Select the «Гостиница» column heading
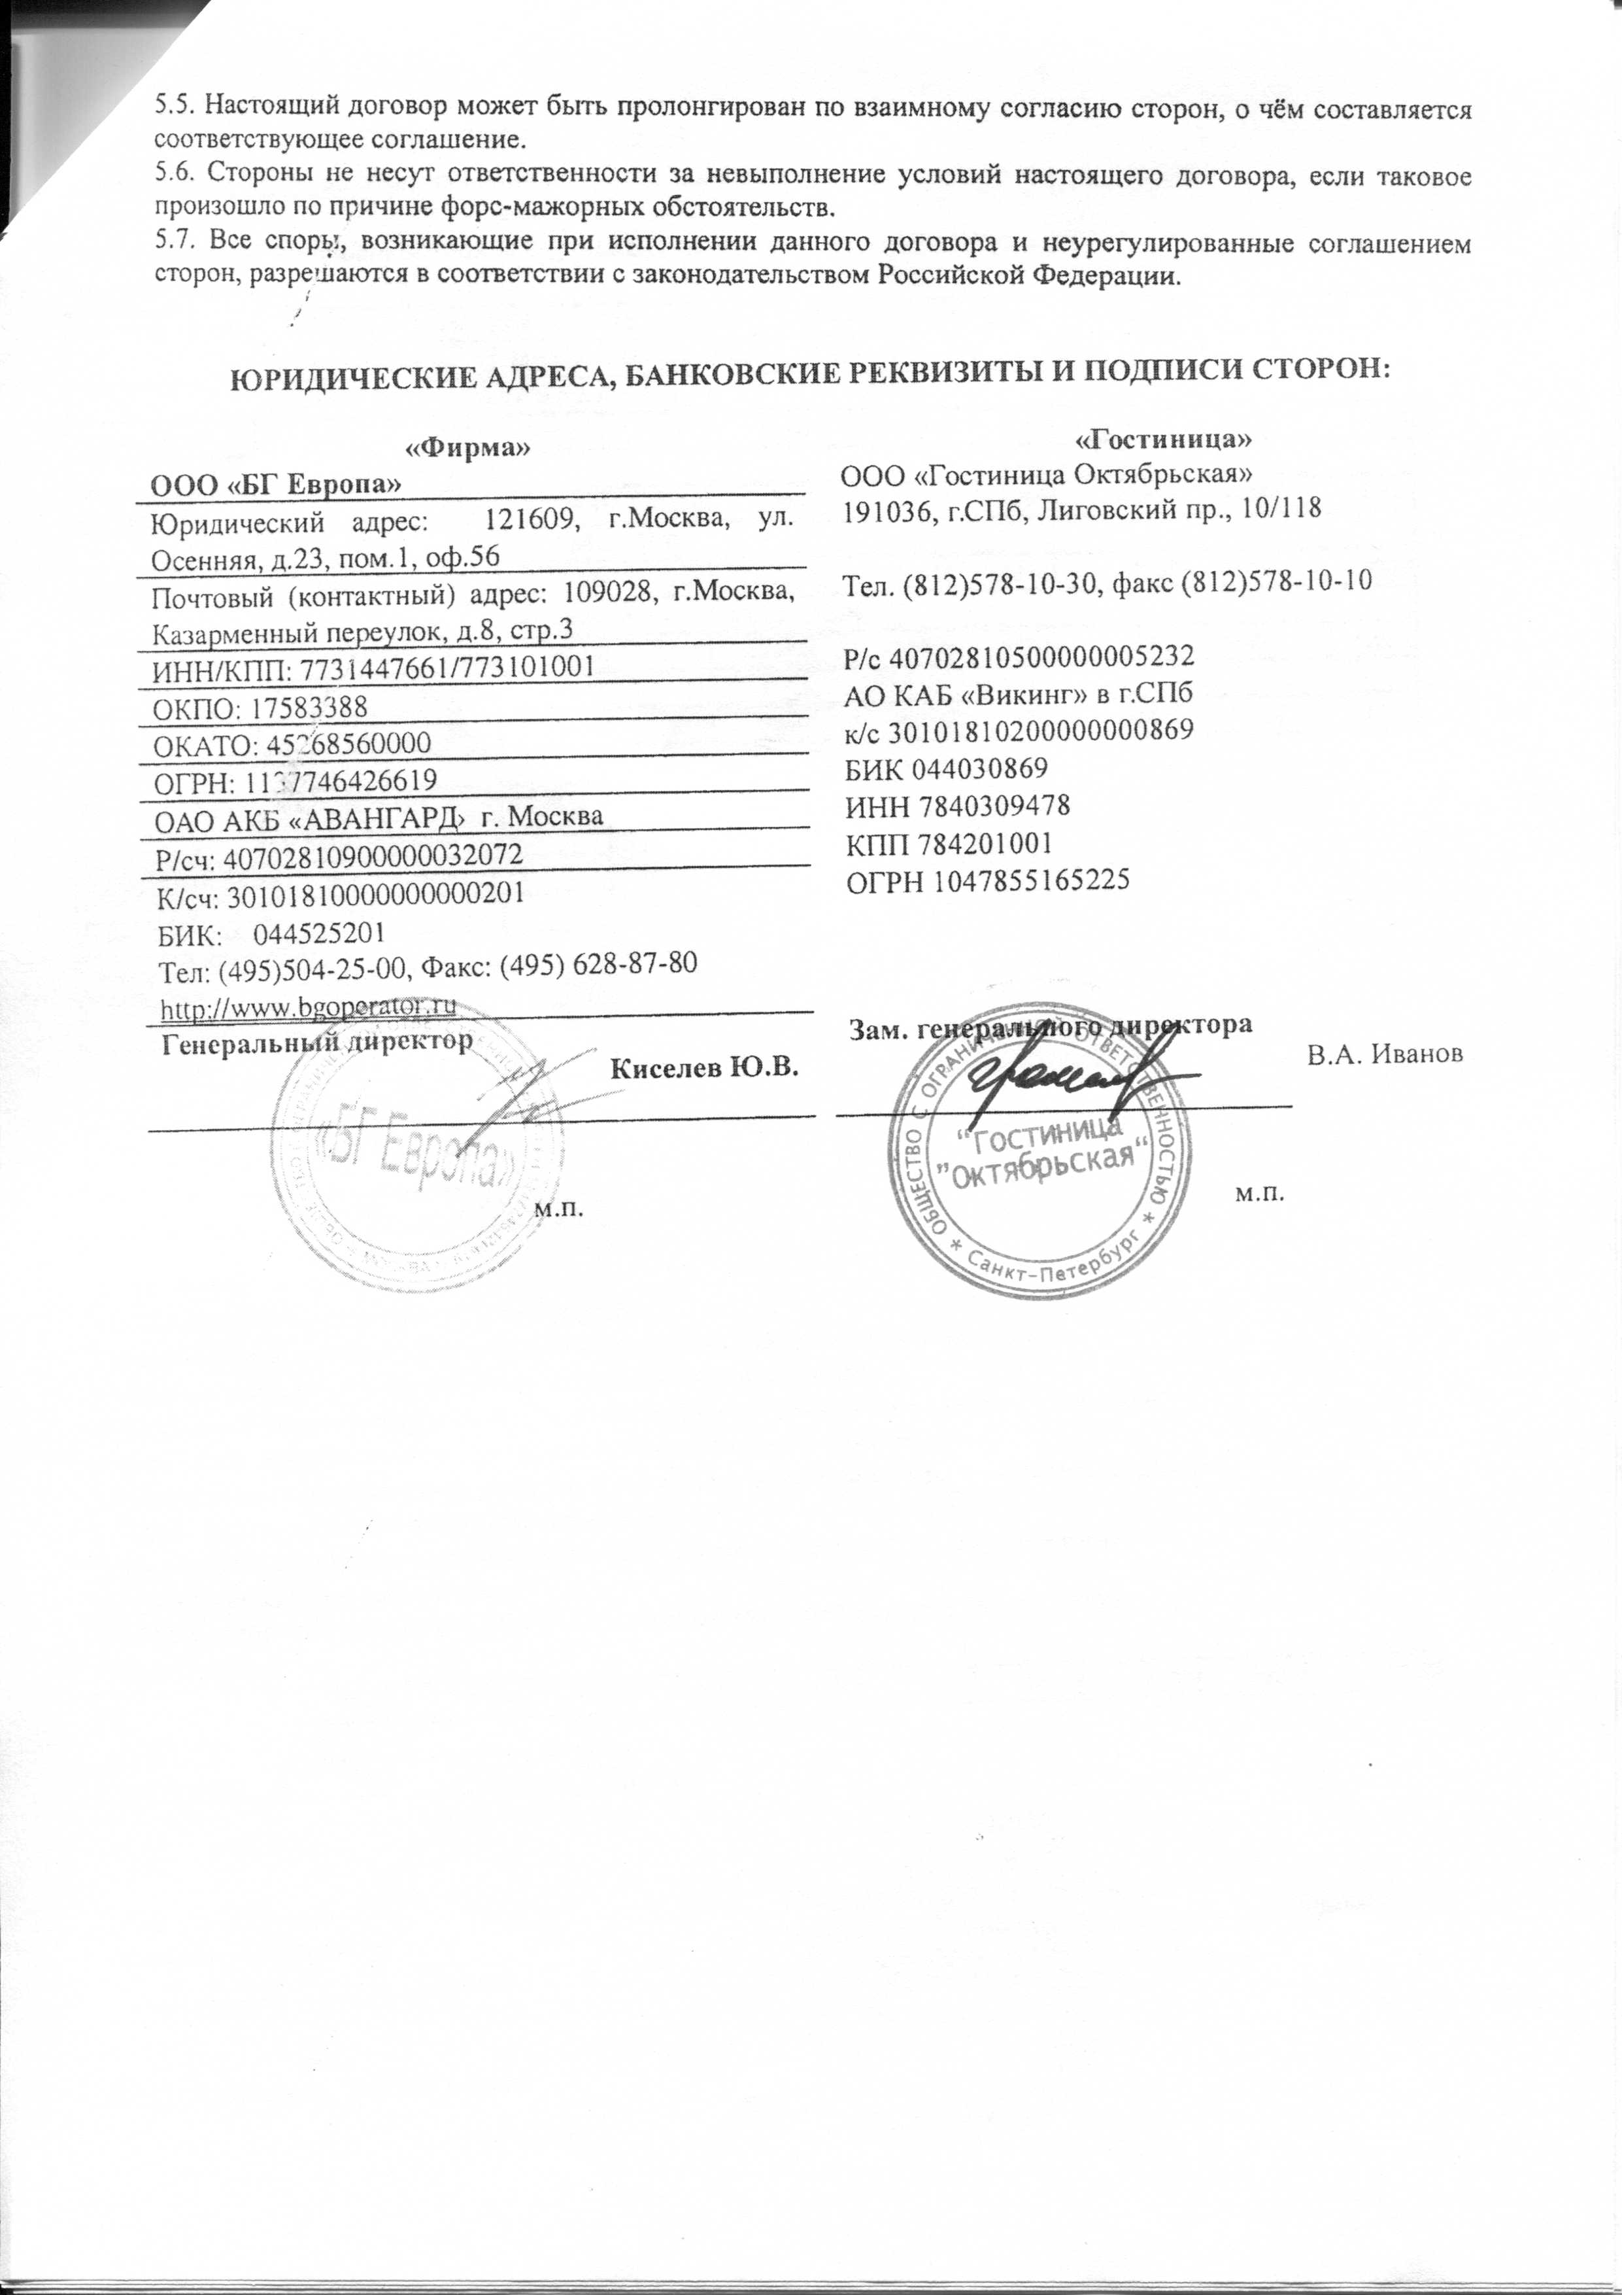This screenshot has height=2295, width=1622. [x=1163, y=438]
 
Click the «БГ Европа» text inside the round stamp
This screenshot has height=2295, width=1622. [x=418, y=1154]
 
